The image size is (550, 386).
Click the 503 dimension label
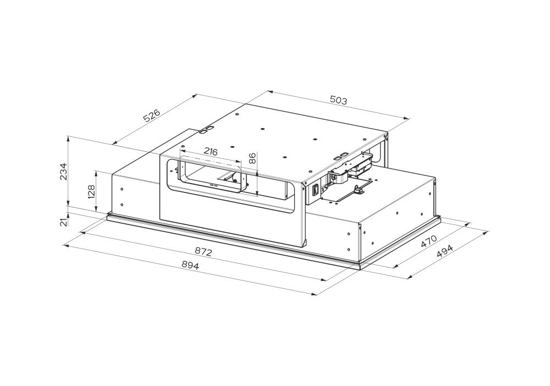[338, 100]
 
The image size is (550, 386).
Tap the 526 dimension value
[152, 115]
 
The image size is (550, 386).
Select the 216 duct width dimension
[211, 152]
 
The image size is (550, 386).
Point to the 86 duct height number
[252, 158]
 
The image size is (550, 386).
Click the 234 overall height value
[63, 171]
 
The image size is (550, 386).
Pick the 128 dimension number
[91, 192]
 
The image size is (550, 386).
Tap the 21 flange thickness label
[63, 222]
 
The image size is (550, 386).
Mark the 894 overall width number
[190, 266]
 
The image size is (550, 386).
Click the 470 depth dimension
[428, 241]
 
